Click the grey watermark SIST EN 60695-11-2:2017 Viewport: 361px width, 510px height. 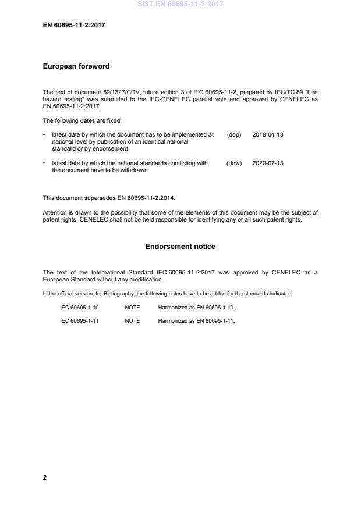coord(180,4)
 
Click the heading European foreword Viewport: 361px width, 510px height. coord(76,66)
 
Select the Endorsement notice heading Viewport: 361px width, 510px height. coord(180,247)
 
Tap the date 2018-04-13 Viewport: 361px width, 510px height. coord(268,134)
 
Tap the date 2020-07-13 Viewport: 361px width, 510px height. coord(268,163)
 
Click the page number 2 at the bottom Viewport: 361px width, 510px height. coord(45,477)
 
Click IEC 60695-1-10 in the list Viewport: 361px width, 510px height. coord(79,307)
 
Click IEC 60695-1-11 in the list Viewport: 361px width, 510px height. coord(79,321)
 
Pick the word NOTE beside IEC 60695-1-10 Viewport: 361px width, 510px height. coord(132,307)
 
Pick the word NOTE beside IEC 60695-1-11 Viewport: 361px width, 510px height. coord(132,321)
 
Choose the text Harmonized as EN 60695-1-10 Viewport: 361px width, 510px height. coord(196,307)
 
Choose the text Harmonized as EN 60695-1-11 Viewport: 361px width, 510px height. coord(196,321)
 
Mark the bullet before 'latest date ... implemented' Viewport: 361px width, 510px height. coord(45,134)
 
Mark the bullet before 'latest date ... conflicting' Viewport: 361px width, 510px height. coord(45,163)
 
